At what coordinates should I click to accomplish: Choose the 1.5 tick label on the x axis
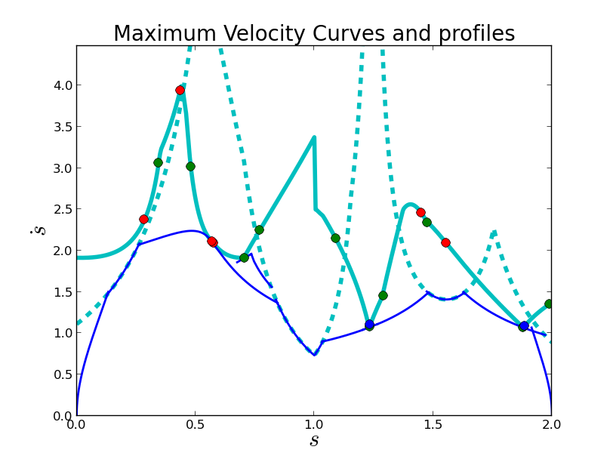pos(433,424)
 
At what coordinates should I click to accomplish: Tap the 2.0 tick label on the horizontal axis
pos(551,424)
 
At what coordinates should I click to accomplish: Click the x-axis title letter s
pos(314,440)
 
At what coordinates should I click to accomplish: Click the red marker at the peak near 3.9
pos(180,90)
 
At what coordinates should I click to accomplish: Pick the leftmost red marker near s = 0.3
pos(143,219)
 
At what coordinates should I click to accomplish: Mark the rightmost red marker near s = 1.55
pos(445,242)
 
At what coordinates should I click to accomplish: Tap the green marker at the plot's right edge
pos(549,303)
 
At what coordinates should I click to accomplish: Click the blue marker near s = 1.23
pos(369,324)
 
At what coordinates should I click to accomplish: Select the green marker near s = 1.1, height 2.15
pos(335,238)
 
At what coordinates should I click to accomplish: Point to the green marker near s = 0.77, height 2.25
pos(259,229)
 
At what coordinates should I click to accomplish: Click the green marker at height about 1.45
pos(383,295)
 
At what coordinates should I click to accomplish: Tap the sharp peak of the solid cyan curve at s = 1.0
pos(314,137)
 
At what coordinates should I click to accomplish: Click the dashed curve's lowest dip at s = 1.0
pos(314,354)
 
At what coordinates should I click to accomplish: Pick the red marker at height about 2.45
pos(420,212)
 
